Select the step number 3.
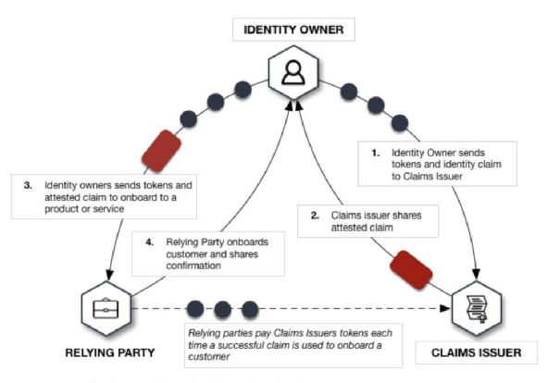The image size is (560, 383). pyautogui.click(x=28, y=185)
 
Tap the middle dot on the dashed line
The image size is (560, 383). pyautogui.click(x=223, y=306)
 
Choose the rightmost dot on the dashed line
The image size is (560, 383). pyautogui.click(x=249, y=306)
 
